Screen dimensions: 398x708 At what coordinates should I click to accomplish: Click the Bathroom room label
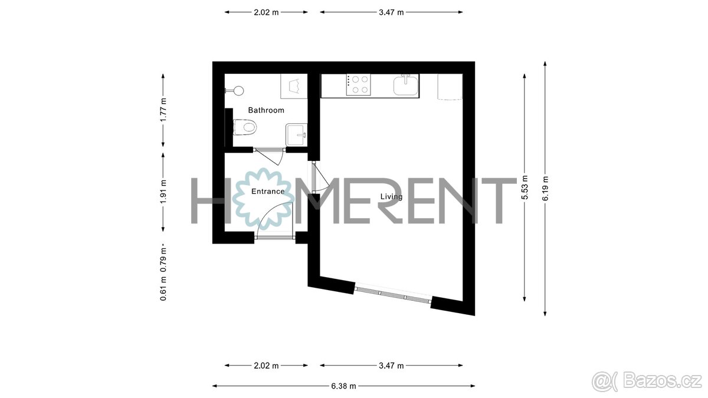click(265, 110)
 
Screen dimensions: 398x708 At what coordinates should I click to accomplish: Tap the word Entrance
click(268, 192)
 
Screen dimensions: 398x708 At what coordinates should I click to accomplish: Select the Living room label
click(391, 197)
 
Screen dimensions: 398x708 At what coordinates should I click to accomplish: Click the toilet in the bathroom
click(245, 127)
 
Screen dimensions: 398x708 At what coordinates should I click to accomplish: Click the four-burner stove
click(358, 85)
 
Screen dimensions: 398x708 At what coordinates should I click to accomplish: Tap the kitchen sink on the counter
click(406, 85)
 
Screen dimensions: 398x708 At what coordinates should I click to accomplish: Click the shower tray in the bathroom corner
click(294, 87)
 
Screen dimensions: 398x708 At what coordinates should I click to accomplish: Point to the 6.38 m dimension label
click(344, 386)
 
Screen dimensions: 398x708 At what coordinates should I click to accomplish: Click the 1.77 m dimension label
click(164, 110)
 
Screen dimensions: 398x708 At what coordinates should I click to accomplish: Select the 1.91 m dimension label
click(164, 190)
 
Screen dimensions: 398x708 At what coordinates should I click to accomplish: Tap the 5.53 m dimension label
click(524, 187)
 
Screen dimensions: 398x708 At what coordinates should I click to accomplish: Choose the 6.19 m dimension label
click(545, 188)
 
